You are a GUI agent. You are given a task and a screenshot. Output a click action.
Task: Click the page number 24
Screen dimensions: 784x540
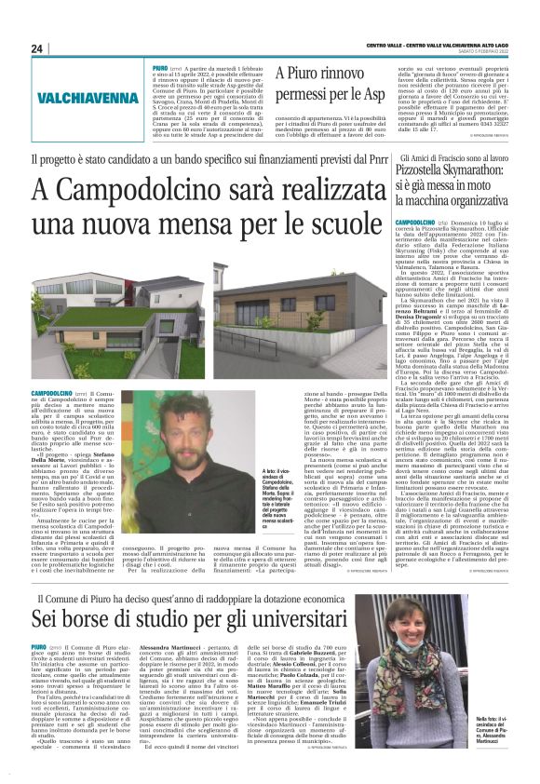37,48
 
